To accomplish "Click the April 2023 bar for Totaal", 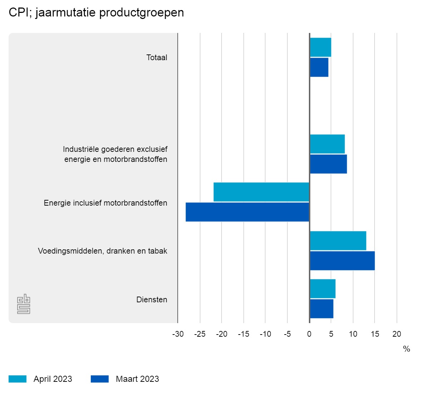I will pyautogui.click(x=320, y=47).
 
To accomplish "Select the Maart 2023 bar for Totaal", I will pyautogui.click(x=319, y=67).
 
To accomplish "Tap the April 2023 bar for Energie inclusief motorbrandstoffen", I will pyautogui.click(x=261, y=192).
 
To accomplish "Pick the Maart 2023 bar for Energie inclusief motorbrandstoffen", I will pyautogui.click(x=247, y=212).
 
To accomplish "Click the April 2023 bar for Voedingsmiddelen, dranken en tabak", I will pyautogui.click(x=338, y=241).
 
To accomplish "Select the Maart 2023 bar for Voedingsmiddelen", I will pyautogui.click(x=342, y=261).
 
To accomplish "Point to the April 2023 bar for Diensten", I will pyautogui.click(x=322, y=289).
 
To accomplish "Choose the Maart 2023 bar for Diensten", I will pyautogui.click(x=321, y=309).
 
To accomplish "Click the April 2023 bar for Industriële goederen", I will pyautogui.click(x=327, y=144).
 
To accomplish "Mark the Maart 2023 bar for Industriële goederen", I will pyautogui.click(x=328, y=164).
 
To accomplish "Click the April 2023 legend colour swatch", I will pyautogui.click(x=18, y=379).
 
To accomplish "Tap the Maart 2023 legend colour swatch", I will pyautogui.click(x=100, y=379).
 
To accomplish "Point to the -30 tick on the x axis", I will pyautogui.click(x=178, y=334).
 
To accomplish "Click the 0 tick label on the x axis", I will pyautogui.click(x=309, y=334).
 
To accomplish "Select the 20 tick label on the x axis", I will pyautogui.click(x=397, y=334).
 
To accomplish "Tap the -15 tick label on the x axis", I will pyautogui.click(x=243, y=334).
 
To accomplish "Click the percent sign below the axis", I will pyautogui.click(x=406, y=349).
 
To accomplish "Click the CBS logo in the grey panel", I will pyautogui.click(x=24, y=304).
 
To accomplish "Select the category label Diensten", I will pyautogui.click(x=152, y=299).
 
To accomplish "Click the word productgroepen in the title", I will pyautogui.click(x=142, y=13).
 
